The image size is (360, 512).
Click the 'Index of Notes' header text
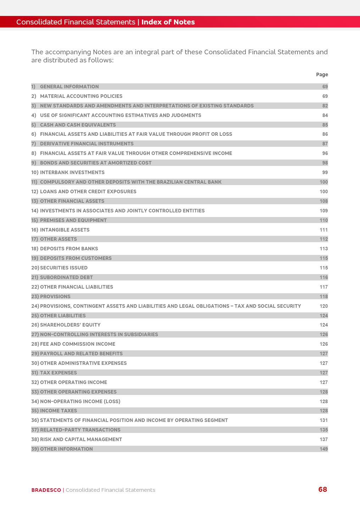tap(168, 22)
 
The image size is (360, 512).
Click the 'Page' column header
tap(322, 74)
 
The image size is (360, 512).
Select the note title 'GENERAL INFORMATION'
tap(69, 87)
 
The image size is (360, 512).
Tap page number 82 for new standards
tap(325, 106)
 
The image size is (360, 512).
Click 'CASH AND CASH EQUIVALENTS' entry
tap(78, 125)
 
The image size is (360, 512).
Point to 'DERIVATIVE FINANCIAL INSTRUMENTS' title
tap(87, 144)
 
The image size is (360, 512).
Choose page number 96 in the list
tap(325, 153)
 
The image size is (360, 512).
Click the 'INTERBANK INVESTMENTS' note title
tap(72, 172)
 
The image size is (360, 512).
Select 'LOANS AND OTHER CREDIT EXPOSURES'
tap(88, 191)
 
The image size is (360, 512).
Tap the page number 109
tap(323, 211)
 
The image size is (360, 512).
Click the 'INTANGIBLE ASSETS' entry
tap(65, 230)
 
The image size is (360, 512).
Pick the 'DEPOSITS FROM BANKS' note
tap(69, 249)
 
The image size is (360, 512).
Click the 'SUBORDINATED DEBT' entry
tap(66, 277)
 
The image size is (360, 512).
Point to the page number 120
tap(323, 306)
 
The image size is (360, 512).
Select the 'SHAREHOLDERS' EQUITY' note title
tap(70, 325)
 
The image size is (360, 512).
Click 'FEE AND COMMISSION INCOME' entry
tap(77, 344)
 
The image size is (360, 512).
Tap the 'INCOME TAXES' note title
tap(59, 411)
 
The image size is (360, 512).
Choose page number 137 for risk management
tap(323, 439)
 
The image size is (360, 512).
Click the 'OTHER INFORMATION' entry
tap(66, 449)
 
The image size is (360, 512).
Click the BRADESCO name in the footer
tap(46, 490)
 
